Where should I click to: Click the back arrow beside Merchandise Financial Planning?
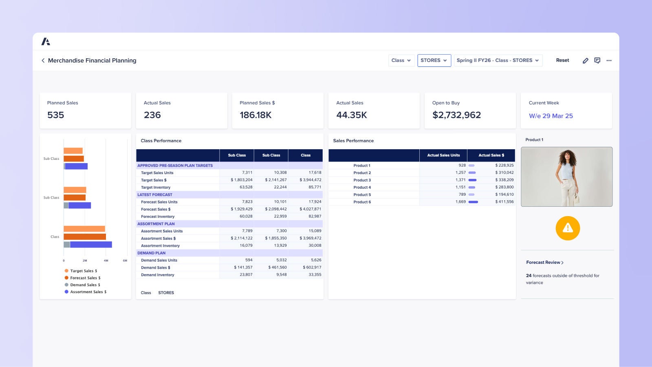(43, 60)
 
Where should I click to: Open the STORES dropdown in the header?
(434, 60)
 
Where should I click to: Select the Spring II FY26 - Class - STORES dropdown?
(498, 60)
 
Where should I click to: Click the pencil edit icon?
(585, 60)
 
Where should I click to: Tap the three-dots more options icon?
(609, 60)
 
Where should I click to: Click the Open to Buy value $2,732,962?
(456, 115)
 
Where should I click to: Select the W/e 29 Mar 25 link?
(551, 116)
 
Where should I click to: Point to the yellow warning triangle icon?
(568, 228)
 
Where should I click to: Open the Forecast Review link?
(544, 262)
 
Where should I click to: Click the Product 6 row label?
(362, 202)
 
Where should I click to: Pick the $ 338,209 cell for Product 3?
(504, 180)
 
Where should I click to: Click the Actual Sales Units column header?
(443, 155)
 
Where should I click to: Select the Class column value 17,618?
(315, 172)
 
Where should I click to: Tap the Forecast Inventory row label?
(158, 217)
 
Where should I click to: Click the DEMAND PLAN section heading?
(151, 253)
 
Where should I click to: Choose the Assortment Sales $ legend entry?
(88, 292)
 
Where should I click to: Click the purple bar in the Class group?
(90, 245)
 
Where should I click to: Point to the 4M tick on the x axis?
(106, 260)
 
